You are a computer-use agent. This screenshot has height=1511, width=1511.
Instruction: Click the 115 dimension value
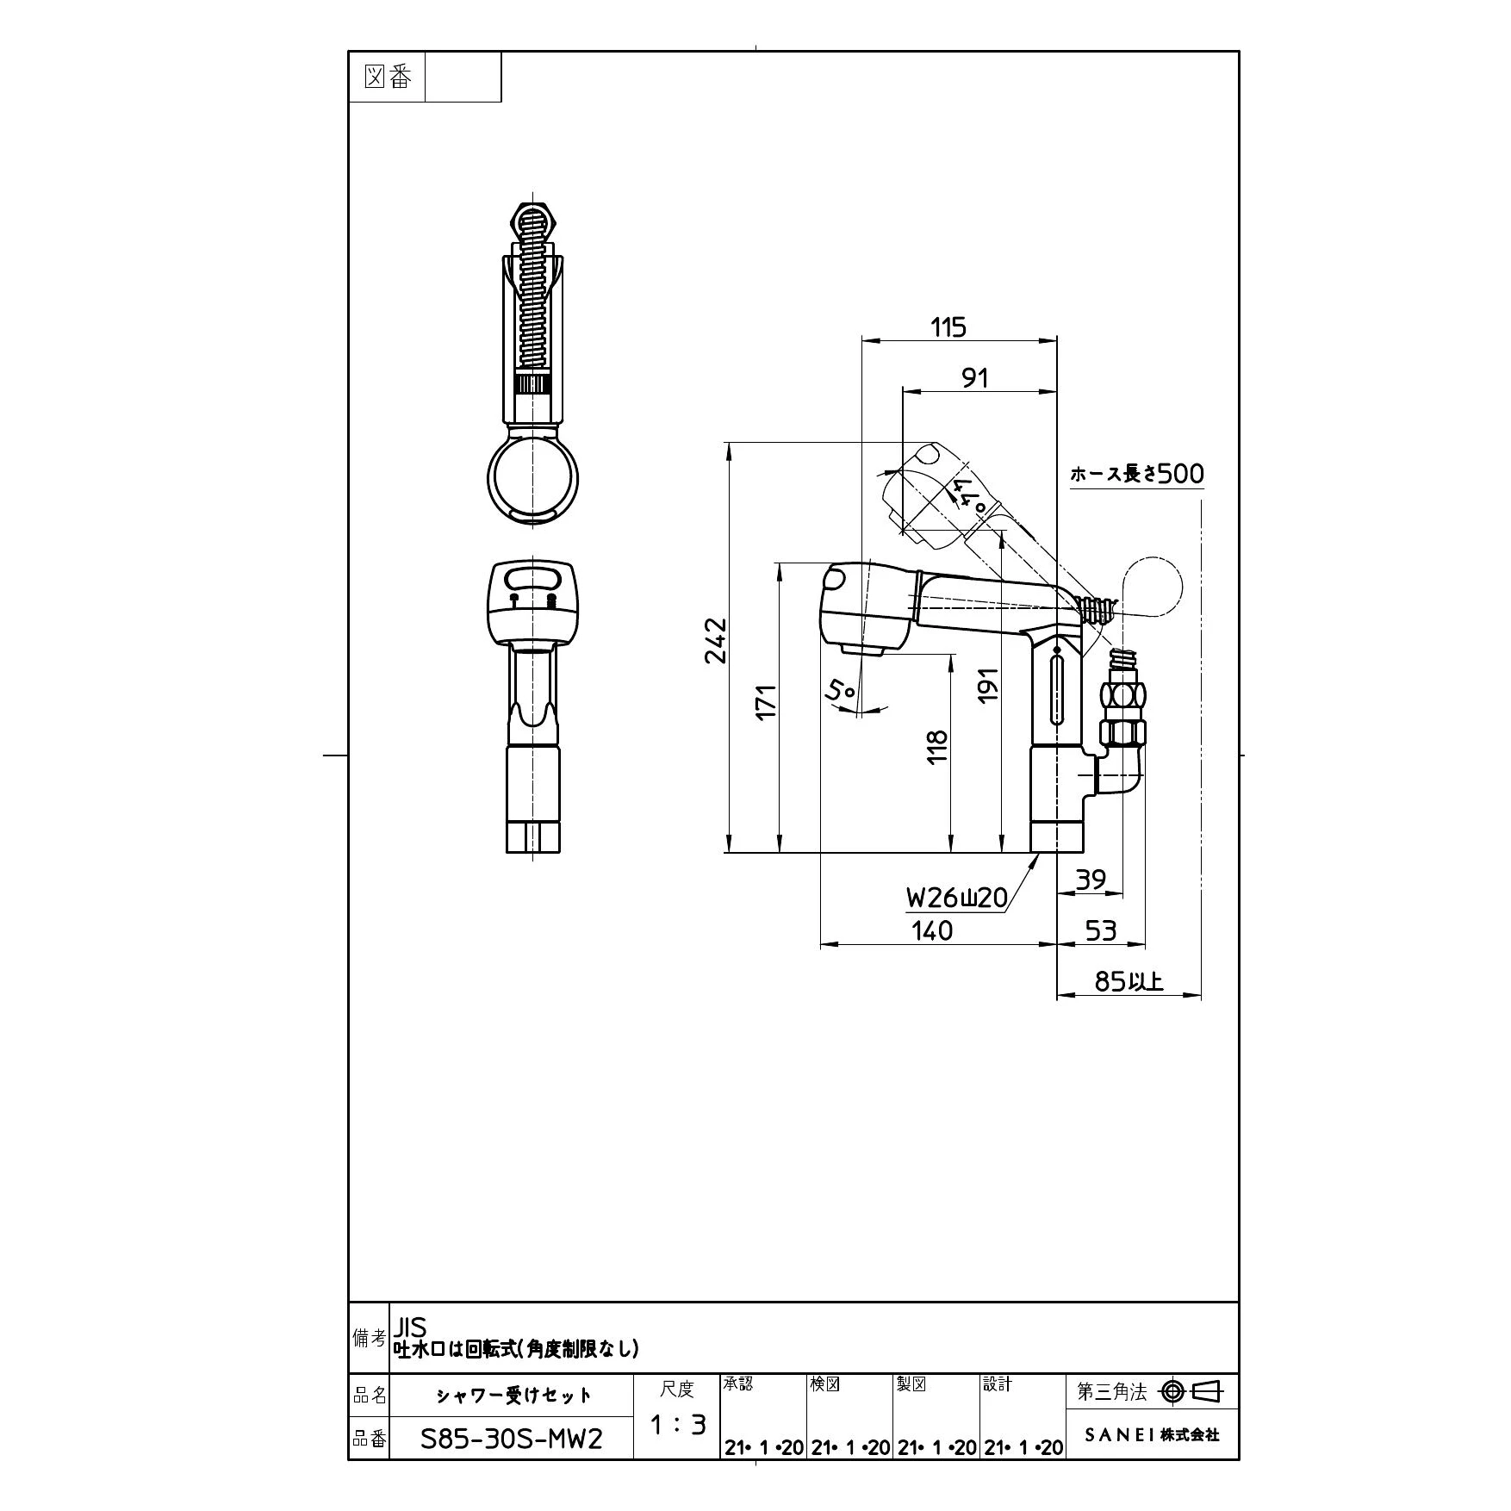948,327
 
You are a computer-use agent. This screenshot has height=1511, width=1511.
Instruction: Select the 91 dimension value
974,377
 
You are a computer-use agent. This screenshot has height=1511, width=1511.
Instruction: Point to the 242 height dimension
717,641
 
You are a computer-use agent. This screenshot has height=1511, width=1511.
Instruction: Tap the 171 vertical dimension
766,701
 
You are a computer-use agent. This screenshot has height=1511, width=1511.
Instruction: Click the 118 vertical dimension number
937,746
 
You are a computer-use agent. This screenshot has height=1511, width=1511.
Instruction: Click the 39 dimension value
1091,880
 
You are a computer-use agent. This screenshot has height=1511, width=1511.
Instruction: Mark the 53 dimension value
1101,930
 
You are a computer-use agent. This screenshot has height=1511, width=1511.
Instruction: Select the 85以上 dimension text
1129,980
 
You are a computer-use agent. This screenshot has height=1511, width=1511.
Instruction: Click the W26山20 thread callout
956,899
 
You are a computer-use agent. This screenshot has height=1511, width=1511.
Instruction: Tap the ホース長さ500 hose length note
1137,474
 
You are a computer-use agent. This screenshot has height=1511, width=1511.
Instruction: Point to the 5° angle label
842,690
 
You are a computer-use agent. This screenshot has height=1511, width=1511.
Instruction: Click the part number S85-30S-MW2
512,1439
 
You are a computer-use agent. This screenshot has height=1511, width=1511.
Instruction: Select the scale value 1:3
677,1426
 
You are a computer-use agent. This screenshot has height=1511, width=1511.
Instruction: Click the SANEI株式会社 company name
1152,1435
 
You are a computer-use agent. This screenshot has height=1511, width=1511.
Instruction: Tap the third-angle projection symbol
1192,1391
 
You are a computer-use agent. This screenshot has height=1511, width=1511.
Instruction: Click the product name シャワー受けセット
513,1396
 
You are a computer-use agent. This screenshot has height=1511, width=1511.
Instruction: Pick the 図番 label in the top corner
388,78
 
